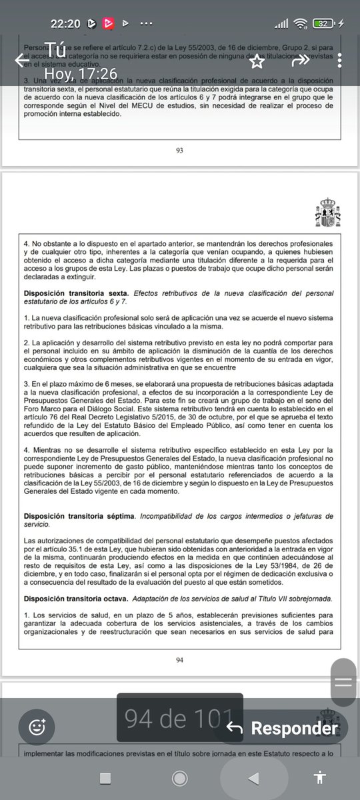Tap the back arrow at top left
pos(21,60)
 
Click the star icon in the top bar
pos(257,61)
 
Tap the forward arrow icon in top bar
pos(301,60)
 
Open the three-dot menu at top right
pos(339,60)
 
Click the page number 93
pos(179,151)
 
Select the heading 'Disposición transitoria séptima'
pos(79,515)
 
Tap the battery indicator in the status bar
pos(325,24)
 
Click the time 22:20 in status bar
pos(65,24)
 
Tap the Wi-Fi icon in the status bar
pos(301,24)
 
